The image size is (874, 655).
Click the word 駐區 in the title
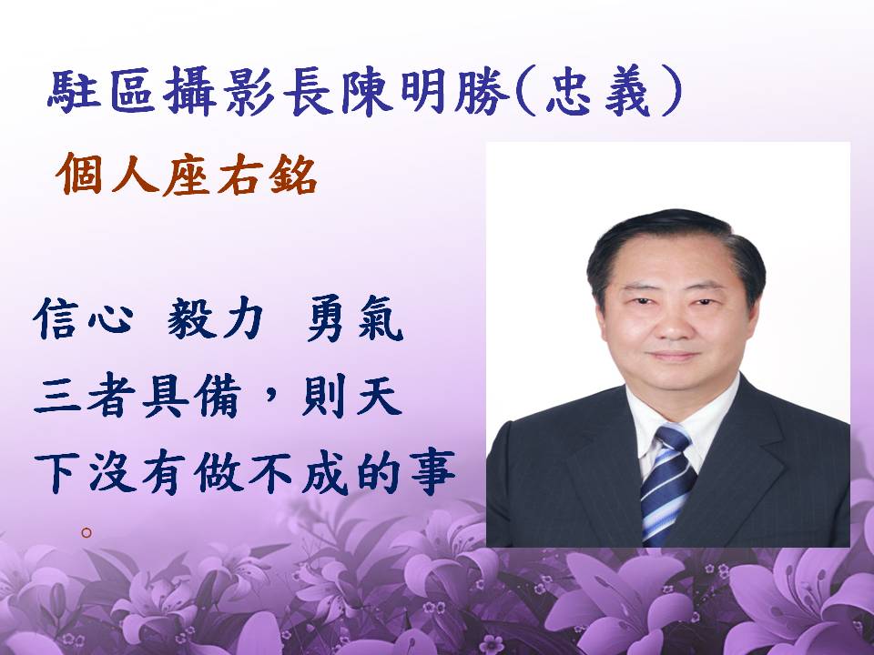tap(101, 91)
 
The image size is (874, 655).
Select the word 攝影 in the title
tap(219, 91)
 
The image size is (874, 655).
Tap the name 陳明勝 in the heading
tap(426, 91)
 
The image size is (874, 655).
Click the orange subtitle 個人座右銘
tap(186, 174)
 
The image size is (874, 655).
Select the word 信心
tap(83, 319)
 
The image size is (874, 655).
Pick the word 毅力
tap(215, 319)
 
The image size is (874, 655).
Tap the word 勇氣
tap(355, 319)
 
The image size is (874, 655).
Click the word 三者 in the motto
tap(84, 396)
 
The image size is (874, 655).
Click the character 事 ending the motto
tap(432, 473)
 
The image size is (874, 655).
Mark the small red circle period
tap(86, 532)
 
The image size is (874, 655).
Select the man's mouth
tap(674, 356)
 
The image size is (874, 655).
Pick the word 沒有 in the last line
tap(138, 473)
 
